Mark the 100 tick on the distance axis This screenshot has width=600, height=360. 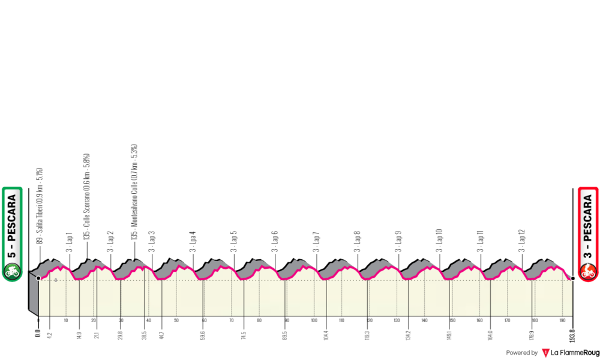coord(314,320)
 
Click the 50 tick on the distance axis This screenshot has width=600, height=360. coord(176,320)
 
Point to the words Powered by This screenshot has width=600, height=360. coord(521,353)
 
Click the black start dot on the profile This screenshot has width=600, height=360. coord(38,278)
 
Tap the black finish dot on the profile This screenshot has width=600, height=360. coord(573,278)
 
